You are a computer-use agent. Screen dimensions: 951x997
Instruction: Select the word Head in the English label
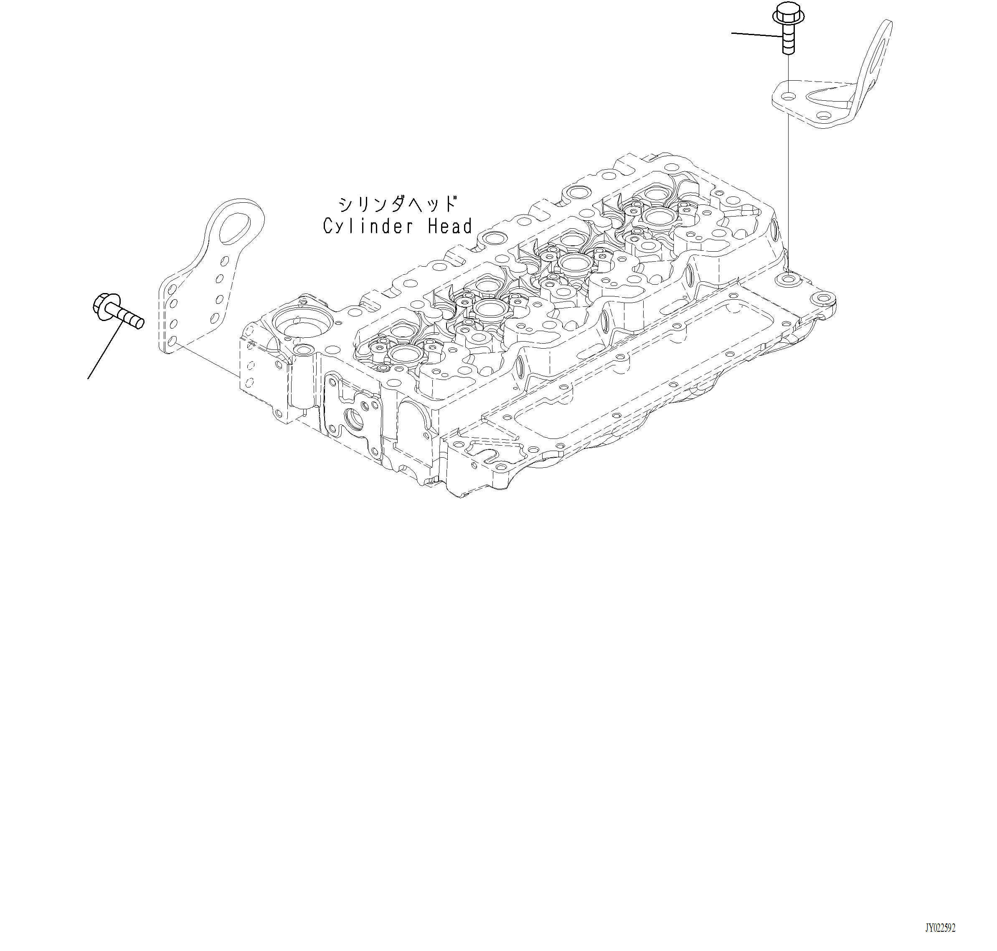coord(450,226)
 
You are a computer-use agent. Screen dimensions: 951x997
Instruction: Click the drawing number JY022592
coord(940,928)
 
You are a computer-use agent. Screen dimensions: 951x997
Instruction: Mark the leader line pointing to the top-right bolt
coord(755,34)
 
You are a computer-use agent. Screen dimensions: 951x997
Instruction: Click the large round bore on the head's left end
coord(302,322)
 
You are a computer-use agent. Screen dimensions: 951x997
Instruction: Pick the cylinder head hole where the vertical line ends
coord(788,279)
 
